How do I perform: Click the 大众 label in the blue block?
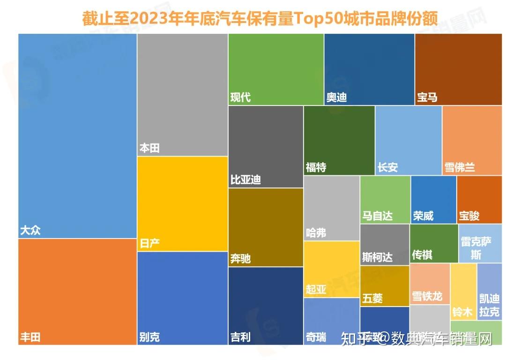tap(30, 231)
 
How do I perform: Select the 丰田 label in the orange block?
tap(30, 337)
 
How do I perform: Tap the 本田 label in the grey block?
tap(149, 148)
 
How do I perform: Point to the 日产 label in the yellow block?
tap(149, 243)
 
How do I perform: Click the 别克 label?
tap(149, 337)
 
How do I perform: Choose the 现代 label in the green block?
tap(240, 97)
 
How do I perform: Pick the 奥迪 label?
tap(336, 97)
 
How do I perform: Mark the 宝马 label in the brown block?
tap(427, 97)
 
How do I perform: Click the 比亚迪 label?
tap(246, 180)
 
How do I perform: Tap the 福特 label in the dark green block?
tap(316, 167)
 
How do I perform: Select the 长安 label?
tap(387, 167)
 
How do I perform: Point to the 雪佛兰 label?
tap(460, 167)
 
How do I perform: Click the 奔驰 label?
tap(240, 258)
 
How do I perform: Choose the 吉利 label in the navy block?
tap(240, 337)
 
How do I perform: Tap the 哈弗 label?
tap(316, 232)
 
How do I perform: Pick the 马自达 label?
tap(377, 216)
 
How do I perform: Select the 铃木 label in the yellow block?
tap(462, 312)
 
